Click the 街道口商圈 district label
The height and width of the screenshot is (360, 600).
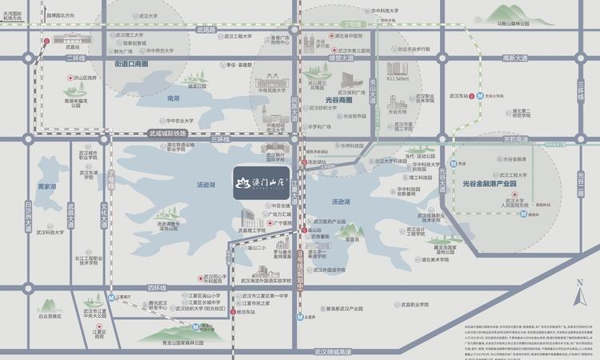131,63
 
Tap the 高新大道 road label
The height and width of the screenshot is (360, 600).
515,58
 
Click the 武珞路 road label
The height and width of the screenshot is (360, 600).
206,30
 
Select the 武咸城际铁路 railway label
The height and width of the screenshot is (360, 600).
167,134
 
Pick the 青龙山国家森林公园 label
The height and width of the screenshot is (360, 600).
173,342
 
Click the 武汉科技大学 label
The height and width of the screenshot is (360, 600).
60,233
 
